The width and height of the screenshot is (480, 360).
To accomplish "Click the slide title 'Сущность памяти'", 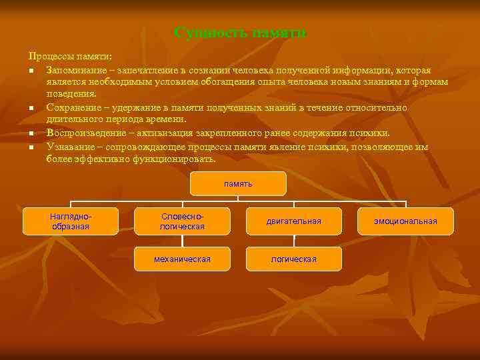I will pyautogui.click(x=240, y=33).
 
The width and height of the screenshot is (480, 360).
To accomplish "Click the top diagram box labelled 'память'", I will pyautogui.click(x=238, y=183).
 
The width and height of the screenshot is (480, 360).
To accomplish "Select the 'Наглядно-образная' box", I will pyautogui.click(x=71, y=221).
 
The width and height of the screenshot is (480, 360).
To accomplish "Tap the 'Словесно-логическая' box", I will pyautogui.click(x=182, y=221).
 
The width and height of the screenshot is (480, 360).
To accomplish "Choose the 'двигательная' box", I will pyautogui.click(x=294, y=221).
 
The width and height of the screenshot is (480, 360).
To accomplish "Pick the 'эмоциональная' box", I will pyautogui.click(x=405, y=221).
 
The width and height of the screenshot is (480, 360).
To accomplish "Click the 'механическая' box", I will pyautogui.click(x=182, y=259).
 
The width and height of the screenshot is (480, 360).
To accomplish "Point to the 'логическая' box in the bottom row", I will pyautogui.click(x=294, y=259).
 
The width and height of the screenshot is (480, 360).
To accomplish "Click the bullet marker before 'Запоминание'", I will pyautogui.click(x=31, y=71).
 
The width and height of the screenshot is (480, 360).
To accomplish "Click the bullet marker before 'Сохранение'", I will pyautogui.click(x=31, y=108).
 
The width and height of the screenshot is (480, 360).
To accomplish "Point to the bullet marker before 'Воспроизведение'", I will pyautogui.click(x=31, y=133).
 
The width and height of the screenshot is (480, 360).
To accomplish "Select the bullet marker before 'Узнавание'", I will pyautogui.click(x=31, y=147).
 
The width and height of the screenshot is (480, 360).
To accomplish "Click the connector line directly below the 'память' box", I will pyautogui.click(x=238, y=198).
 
